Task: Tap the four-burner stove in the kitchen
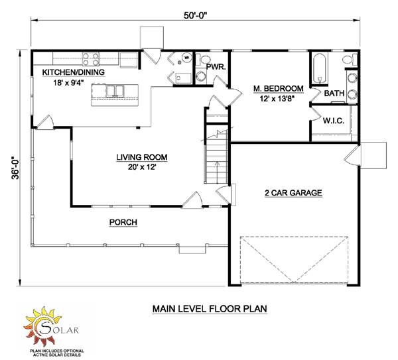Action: point(88,57)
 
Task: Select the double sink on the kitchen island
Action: point(114,90)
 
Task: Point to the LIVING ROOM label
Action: point(141,157)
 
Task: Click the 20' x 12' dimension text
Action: point(141,167)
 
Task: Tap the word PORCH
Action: point(123,223)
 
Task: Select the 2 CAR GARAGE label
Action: point(293,193)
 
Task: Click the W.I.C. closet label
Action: point(332,121)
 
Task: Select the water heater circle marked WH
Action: point(187,58)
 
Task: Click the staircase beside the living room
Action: point(214,159)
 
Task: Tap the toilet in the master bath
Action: point(348,62)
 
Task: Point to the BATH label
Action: point(334,93)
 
